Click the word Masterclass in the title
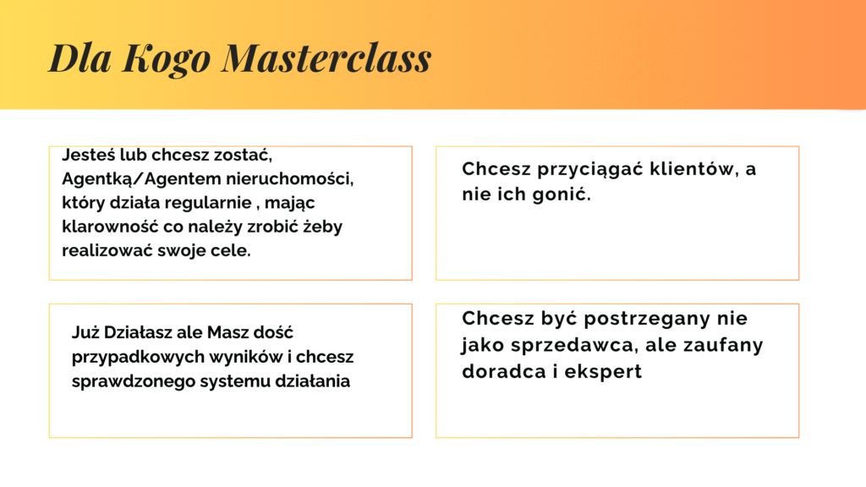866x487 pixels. [x=326, y=57]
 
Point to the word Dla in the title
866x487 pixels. [x=80, y=57]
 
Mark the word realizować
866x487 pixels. [x=107, y=250]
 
